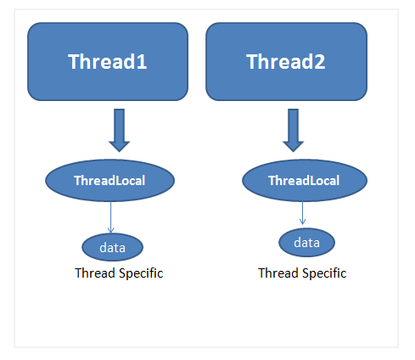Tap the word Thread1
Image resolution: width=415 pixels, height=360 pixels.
pos(108,62)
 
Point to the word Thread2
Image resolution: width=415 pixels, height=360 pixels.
pos(286,62)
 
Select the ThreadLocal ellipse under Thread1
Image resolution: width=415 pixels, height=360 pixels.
pos(109,180)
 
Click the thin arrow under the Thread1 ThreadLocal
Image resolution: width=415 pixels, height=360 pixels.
pos(112,217)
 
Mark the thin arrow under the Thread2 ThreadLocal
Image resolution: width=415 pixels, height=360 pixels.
pos(303,213)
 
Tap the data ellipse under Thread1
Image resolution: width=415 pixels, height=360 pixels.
pos(112,247)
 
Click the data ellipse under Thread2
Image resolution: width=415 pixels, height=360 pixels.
pos(306,243)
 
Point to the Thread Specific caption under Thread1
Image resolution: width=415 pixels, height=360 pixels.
pos(119,273)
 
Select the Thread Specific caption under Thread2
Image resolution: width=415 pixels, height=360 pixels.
pos(302,273)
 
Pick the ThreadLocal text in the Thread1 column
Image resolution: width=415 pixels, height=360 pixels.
pos(109,180)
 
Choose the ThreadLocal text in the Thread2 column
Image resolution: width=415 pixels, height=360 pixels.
pos(303,181)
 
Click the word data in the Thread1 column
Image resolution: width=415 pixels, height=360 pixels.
pos(112,247)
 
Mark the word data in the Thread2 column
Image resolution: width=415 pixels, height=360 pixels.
pos(306,243)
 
